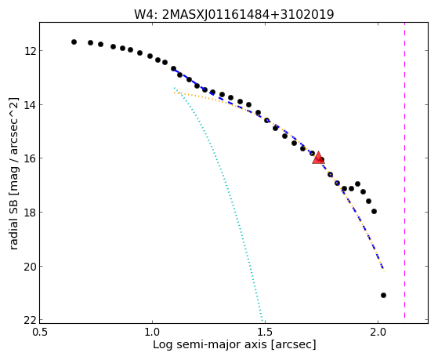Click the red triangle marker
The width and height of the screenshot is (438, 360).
[x=318, y=158]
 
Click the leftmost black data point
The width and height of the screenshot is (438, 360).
[x=74, y=42]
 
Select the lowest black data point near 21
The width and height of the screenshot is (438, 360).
[x=383, y=295]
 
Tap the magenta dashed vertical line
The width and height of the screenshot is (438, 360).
[x=404, y=170]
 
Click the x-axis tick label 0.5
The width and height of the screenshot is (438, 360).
[x=40, y=332]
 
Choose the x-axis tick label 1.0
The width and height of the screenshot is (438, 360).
[x=153, y=332]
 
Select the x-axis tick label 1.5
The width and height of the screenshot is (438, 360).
[x=265, y=332]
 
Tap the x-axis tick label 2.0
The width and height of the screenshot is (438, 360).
[x=378, y=332]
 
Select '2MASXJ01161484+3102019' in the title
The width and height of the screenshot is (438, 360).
[x=248, y=15]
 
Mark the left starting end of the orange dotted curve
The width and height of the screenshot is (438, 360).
[x=174, y=93]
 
